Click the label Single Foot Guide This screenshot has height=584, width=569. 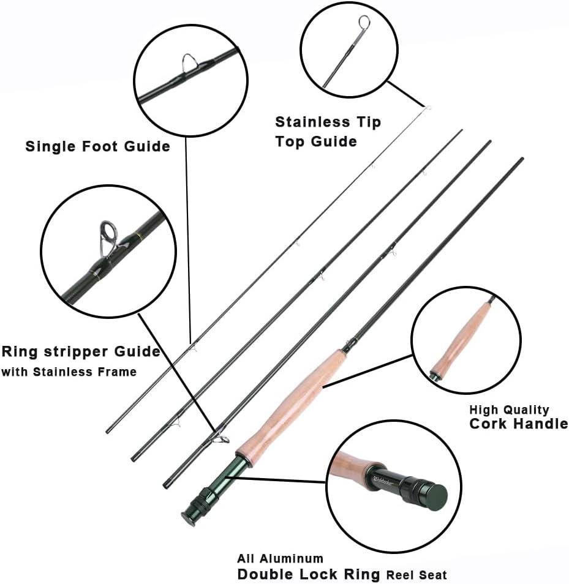pos(97,146)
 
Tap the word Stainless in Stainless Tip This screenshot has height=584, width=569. pos(312,122)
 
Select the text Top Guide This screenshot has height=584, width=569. pos(315,141)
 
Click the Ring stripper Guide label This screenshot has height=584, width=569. pos(80,351)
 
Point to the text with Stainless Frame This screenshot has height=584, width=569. pos(69,372)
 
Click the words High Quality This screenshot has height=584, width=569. pos(509,410)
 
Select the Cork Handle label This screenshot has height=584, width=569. pos(518,424)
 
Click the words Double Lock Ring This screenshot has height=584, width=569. pos(310,575)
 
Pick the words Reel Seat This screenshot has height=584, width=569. pos(416,575)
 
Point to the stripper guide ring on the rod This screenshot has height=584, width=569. pos(222,438)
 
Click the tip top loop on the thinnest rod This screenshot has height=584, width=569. pos(428,108)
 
